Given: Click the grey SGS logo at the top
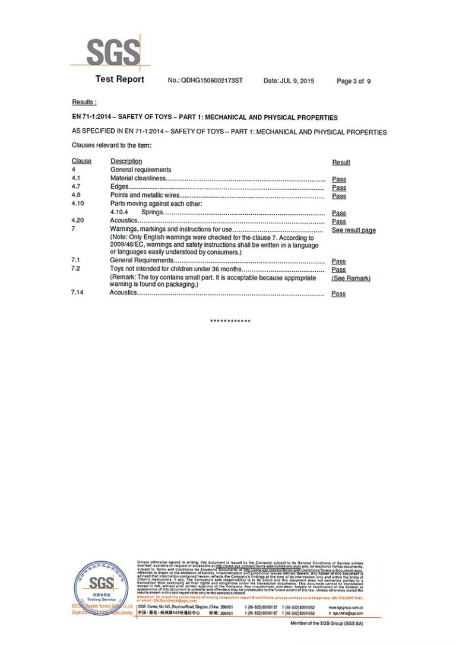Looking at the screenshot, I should point(113,53).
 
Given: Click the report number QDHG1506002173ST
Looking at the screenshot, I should point(212,81).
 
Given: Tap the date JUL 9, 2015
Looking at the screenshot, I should point(289,81).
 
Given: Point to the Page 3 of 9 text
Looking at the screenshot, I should point(353,81).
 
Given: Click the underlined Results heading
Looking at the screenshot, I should point(84,103).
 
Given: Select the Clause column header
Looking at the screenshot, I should point(81,161).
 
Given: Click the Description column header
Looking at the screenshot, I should point(126,161).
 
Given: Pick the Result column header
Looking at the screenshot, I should point(341,163).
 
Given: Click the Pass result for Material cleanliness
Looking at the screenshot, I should point(338,179).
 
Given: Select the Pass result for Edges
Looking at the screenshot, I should point(338,188).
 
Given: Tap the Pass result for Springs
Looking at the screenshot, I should point(338,213).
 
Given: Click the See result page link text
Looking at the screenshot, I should point(353,230).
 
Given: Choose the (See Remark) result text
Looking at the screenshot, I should point(350,278).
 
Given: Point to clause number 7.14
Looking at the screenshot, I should point(78,293).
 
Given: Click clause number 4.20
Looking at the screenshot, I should point(78,221).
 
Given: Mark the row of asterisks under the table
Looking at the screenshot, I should point(230,322).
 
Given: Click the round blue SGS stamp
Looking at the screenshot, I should point(102,587).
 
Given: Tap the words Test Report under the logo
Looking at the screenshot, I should point(119,80).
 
